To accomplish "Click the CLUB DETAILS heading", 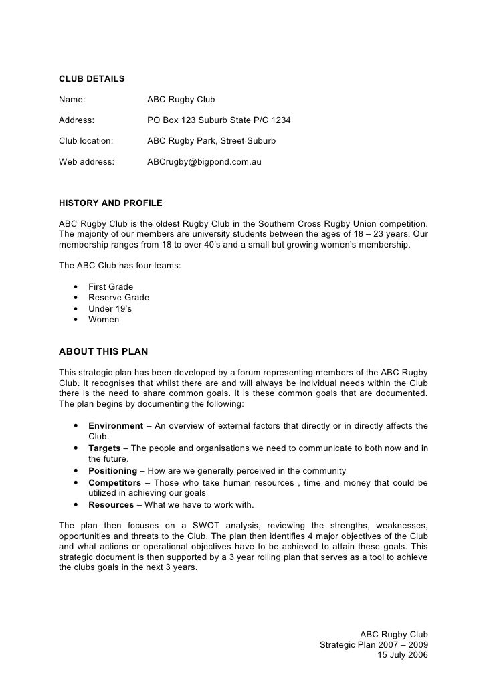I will tap(92, 79).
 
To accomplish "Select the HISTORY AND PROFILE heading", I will tap(110, 203).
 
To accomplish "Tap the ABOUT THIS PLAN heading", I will tap(104, 351).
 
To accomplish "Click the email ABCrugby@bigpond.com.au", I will tap(204, 162).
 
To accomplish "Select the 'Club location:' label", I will tap(86, 141).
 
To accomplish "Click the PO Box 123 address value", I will tap(219, 120).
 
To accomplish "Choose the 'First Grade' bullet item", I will tap(110, 287).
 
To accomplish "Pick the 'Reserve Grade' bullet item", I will tap(118, 298).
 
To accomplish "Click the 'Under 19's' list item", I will tap(110, 308).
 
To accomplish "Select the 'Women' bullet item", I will tap(104, 319).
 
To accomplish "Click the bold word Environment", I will tap(116, 426).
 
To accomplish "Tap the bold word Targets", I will tap(104, 448).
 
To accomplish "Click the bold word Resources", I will tap(111, 505).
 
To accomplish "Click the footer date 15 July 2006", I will tap(402, 656).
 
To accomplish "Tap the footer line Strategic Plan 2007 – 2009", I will tap(374, 645).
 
